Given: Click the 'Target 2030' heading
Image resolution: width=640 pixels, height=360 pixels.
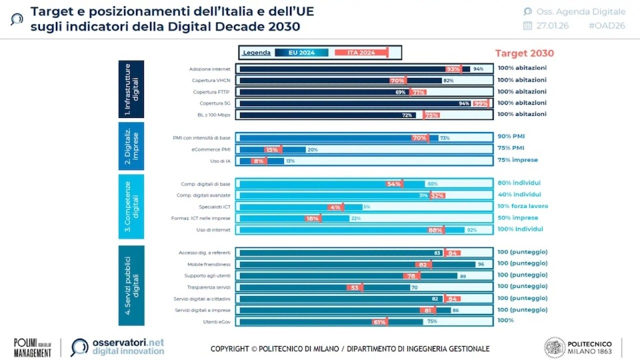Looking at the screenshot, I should click(x=524, y=53).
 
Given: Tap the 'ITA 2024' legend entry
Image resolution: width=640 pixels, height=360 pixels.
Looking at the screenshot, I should click(x=361, y=52).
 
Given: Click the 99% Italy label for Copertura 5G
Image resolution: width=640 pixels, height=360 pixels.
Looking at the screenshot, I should click(x=480, y=103).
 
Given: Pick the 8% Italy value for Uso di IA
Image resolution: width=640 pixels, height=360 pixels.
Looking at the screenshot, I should click(x=258, y=161).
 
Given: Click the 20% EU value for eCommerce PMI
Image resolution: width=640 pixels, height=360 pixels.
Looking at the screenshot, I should click(x=312, y=149).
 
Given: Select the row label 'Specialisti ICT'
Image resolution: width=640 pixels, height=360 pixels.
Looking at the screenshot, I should click(x=214, y=207).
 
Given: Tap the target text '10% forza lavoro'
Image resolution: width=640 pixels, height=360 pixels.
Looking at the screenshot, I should click(x=523, y=206).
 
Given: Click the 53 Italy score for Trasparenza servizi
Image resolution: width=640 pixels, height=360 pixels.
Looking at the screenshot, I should click(x=354, y=287).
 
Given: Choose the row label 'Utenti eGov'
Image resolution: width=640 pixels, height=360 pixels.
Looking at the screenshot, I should click(x=217, y=321).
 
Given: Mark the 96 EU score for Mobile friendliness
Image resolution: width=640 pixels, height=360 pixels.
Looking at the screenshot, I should click(x=481, y=264).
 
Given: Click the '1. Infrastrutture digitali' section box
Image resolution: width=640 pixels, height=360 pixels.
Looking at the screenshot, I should click(x=131, y=89).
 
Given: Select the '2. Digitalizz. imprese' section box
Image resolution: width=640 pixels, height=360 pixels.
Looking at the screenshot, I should click(x=131, y=145).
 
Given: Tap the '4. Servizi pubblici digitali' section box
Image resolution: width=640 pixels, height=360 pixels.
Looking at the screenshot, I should click(x=131, y=285).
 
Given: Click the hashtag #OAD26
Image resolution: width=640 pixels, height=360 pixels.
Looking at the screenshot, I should click(x=607, y=26).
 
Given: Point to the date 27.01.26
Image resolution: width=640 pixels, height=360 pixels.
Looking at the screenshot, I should click(x=552, y=26).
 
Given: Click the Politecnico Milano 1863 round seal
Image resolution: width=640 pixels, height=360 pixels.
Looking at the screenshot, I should click(x=554, y=347).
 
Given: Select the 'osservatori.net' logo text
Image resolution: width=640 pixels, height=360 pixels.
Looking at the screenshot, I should click(x=128, y=342).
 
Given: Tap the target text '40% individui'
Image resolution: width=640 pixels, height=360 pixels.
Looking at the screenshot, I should click(x=519, y=194).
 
